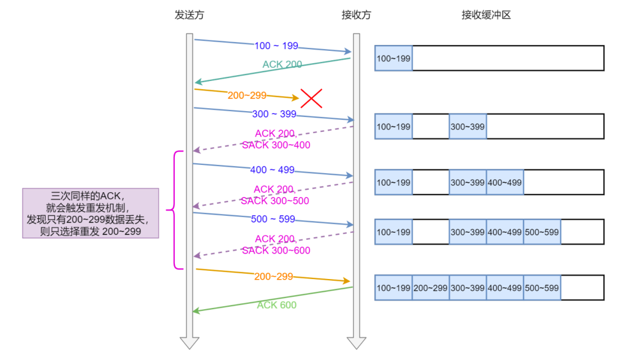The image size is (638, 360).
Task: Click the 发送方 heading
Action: [189, 15]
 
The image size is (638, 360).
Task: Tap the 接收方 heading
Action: [356, 15]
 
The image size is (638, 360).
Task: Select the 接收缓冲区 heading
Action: [486, 15]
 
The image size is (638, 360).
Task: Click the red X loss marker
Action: [311, 98]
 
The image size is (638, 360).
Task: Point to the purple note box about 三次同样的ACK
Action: [91, 213]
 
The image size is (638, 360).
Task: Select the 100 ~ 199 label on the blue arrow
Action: [276, 46]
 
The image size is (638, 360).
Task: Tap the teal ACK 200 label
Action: [282, 64]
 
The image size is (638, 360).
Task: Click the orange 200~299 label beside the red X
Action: [247, 95]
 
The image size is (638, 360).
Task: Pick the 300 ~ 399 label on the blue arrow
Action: [274, 114]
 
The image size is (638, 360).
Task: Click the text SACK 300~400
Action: [276, 145]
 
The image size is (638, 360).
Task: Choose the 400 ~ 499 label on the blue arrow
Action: [272, 170]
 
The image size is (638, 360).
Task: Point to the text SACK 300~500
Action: [275, 200]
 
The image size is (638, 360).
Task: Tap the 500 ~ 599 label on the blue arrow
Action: [272, 219]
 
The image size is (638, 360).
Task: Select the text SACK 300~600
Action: [276, 250]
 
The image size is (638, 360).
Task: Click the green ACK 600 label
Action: [276, 305]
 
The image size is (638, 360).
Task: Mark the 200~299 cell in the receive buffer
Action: [430, 288]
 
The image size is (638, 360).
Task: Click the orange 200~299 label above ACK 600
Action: [274, 276]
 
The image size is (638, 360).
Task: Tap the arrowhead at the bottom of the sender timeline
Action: [190, 343]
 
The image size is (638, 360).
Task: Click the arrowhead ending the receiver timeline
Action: [356, 343]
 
